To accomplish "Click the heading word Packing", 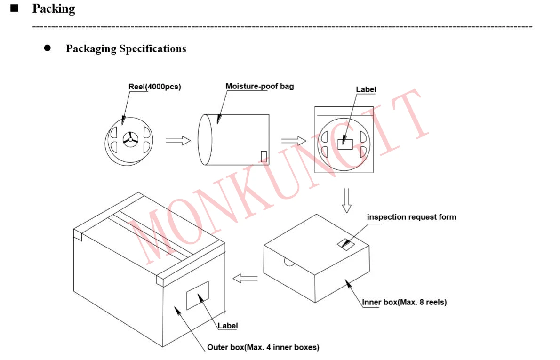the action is click(x=53, y=9).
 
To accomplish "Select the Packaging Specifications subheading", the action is click(x=126, y=49).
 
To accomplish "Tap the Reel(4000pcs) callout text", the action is click(x=154, y=87).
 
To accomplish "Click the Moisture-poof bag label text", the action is click(x=259, y=86).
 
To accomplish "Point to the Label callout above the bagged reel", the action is click(x=366, y=89).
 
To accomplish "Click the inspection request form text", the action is click(x=411, y=217).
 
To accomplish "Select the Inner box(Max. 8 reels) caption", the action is click(x=404, y=302).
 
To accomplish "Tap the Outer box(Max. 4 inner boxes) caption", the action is click(x=263, y=348).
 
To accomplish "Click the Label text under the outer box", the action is click(x=227, y=325).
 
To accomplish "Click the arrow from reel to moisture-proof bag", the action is click(x=178, y=140).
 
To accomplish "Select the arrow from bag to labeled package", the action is click(x=293, y=140).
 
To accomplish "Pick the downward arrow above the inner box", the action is click(x=346, y=200).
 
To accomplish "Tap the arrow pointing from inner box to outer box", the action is click(x=246, y=279).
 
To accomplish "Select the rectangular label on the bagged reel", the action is click(x=345, y=144).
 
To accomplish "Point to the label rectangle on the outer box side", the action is click(x=197, y=296).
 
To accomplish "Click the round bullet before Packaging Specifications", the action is click(x=47, y=48).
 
